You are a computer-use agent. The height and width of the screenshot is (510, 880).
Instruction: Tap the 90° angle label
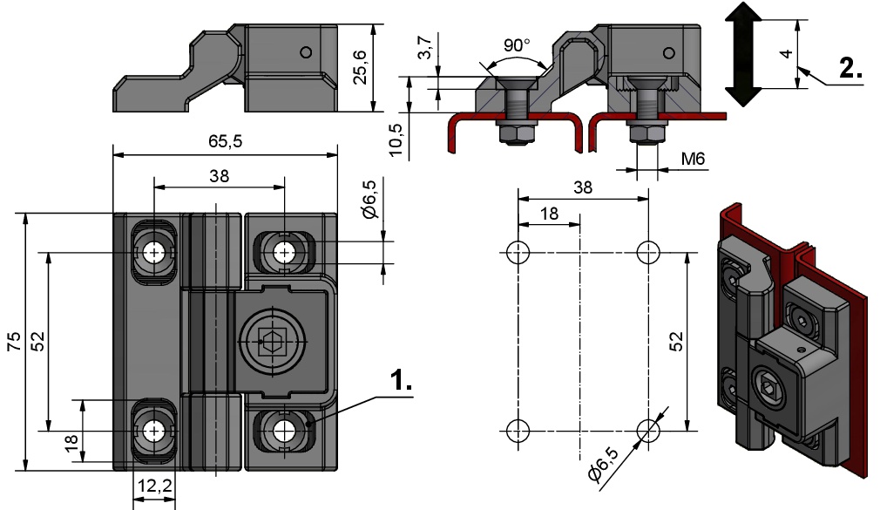(518, 45)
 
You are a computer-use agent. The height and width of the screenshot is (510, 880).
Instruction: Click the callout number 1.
(400, 381)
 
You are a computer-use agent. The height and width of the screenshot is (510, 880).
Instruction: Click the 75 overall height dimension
(14, 341)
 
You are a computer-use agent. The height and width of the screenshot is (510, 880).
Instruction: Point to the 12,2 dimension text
(154, 486)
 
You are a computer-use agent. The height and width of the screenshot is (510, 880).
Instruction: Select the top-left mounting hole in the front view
(154, 253)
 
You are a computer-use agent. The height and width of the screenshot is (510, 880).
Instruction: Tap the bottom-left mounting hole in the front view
(154, 430)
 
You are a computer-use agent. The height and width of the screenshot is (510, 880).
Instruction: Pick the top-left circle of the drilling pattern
(518, 253)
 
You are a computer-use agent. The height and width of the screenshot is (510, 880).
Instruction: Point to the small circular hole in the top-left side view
(304, 51)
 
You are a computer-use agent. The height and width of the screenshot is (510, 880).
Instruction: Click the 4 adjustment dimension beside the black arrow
(785, 54)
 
